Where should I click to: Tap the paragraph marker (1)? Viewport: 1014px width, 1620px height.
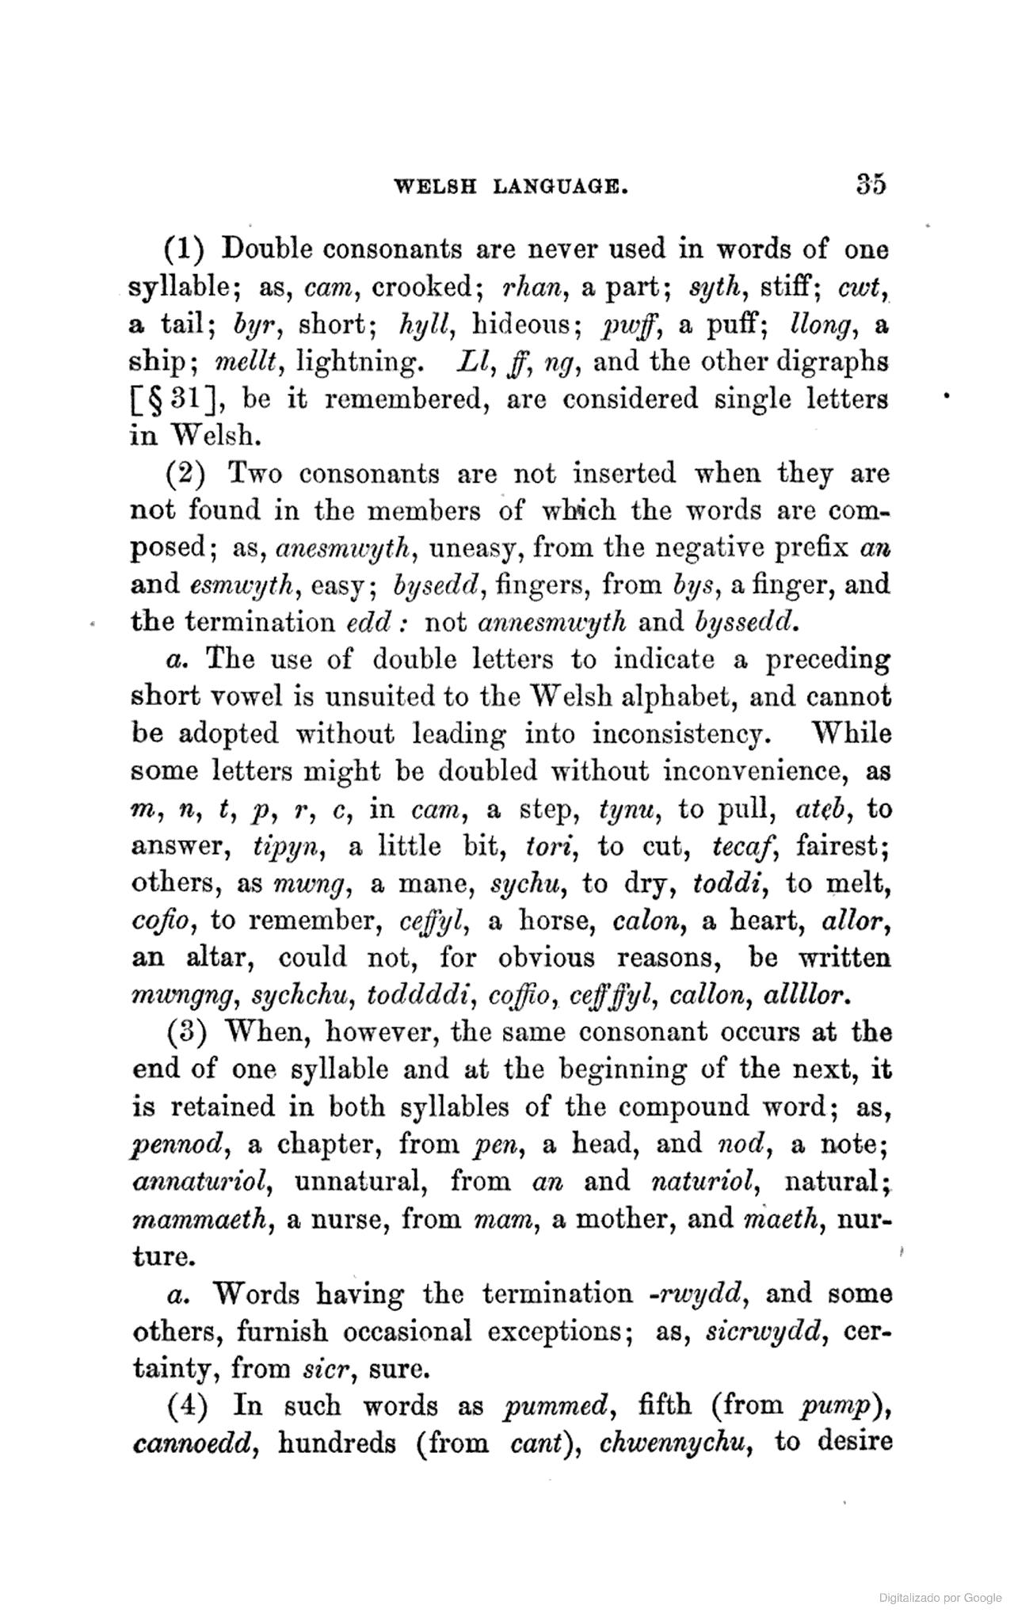(x=185, y=250)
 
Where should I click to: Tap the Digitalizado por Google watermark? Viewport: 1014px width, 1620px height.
(x=940, y=1598)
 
